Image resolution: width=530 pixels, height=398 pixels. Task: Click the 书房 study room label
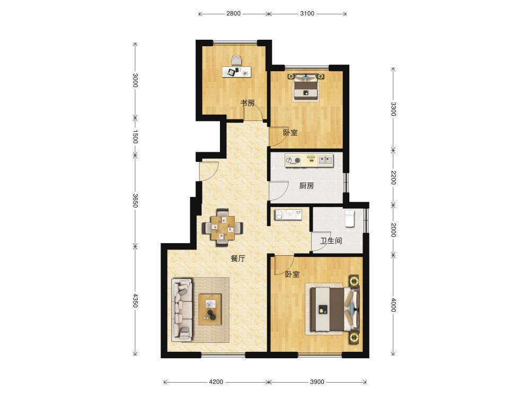[x=248, y=103]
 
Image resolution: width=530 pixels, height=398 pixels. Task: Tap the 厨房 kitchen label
[x=306, y=185]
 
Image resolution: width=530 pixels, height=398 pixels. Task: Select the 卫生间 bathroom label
[x=331, y=241]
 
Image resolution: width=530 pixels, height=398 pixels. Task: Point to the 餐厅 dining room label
[x=238, y=258]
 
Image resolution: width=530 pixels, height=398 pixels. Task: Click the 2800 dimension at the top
[x=233, y=14]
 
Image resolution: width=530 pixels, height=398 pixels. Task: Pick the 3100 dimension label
[x=307, y=14]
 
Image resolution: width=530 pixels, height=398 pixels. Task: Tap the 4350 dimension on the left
[x=135, y=300]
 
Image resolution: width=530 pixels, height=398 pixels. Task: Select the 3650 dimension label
[x=135, y=201]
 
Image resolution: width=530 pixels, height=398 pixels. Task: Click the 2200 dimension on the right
[x=393, y=178]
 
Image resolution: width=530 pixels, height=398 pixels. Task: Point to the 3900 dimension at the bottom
[x=317, y=382]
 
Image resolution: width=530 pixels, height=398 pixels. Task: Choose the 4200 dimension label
[x=216, y=382]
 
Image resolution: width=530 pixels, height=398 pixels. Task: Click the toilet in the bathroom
[x=349, y=218]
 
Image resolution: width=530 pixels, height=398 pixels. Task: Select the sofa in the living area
[x=182, y=309]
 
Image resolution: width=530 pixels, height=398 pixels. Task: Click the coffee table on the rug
[x=210, y=309]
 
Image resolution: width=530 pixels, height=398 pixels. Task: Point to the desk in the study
[x=237, y=72]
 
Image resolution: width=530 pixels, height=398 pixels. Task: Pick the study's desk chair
[x=237, y=60]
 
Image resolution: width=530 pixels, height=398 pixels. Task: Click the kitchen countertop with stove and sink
[x=309, y=160]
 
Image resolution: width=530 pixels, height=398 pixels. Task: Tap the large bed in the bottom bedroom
[x=332, y=308]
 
